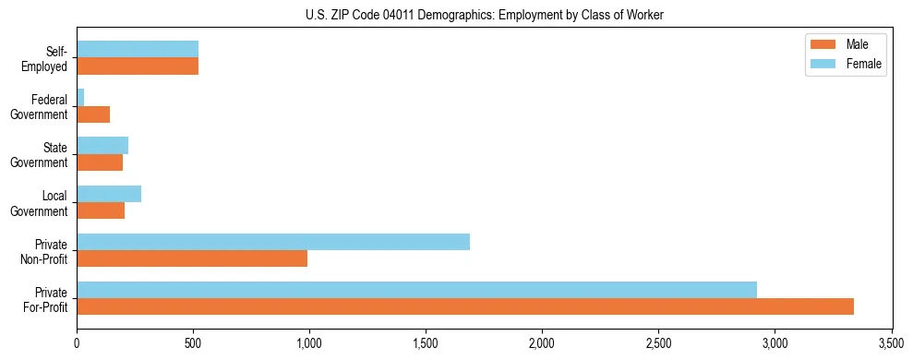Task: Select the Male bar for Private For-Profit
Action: [x=465, y=306]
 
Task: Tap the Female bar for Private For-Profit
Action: [x=416, y=290]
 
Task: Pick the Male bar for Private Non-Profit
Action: [x=192, y=258]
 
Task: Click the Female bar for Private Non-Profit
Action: [x=273, y=242]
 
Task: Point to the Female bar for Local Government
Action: [x=109, y=194]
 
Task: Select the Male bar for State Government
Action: [x=100, y=162]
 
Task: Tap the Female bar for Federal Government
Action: [x=80, y=97]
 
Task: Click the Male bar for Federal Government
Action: [x=93, y=114]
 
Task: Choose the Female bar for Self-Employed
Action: [x=138, y=49]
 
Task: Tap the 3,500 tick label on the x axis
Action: [x=891, y=343]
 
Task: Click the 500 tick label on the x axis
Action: [x=193, y=343]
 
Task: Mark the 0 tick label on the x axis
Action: [x=77, y=343]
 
